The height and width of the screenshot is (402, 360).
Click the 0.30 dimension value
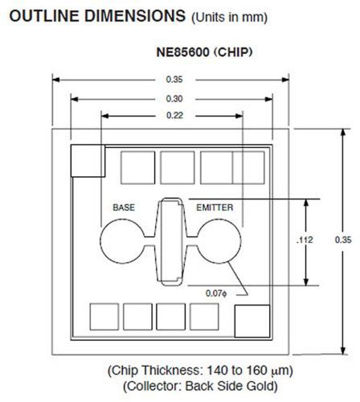pos(174,99)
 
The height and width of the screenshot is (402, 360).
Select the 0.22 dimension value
pos(174,116)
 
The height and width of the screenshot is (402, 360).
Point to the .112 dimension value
pos(305,240)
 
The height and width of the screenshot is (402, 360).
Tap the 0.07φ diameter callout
pos(216,293)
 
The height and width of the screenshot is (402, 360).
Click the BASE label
pos(124,207)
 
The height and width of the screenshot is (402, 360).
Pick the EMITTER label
pos(215,207)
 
